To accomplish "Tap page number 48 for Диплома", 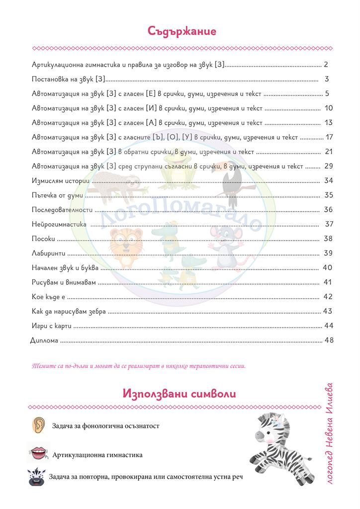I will [328, 340].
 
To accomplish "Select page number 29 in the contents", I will [328, 166].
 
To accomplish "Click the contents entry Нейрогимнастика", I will [59, 224].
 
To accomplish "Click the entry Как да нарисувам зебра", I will [69, 312].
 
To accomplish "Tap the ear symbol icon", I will [39, 425].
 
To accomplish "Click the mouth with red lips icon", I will [38, 454].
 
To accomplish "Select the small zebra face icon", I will [37, 477].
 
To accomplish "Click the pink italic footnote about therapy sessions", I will [138, 367].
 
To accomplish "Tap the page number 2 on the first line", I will [326, 65].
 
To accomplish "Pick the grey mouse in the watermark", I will [225, 241].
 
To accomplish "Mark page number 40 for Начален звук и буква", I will [327, 268].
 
